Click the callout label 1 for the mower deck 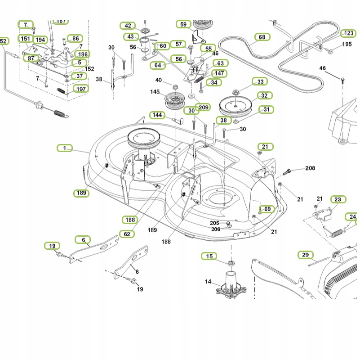[x=64, y=148]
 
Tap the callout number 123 [x=348, y=33]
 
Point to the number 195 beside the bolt [x=347, y=44]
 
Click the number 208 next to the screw [x=310, y=168]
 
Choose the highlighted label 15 [x=209, y=256]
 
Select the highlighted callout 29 [x=305, y=255]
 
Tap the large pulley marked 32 [x=236, y=106]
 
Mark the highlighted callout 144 [x=157, y=115]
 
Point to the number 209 [x=204, y=108]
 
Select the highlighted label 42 [x=128, y=26]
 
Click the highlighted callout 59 [x=183, y=24]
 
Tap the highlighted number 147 [x=219, y=73]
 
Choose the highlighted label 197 [x=81, y=89]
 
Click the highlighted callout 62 [x=127, y=234]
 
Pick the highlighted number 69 [x=267, y=209]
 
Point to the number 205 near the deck [x=214, y=223]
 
